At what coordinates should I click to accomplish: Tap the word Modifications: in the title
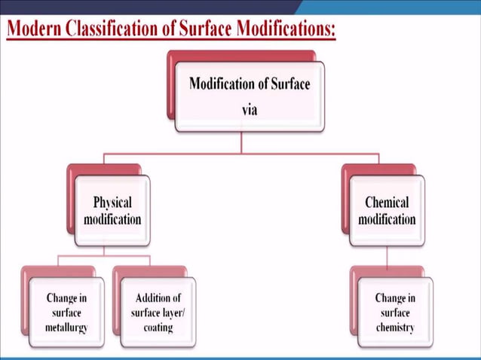pos(284,29)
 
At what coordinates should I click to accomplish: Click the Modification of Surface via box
pos(250,96)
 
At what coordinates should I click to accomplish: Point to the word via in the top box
pos(250,108)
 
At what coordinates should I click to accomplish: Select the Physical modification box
pos(112,211)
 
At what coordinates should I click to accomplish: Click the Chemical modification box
pos(387,211)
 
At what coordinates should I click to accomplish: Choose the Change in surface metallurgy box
pos(66,313)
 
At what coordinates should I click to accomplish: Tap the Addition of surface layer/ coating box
pos(158,313)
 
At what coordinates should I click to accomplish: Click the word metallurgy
pos(66,328)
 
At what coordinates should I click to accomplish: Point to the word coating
pos(158,328)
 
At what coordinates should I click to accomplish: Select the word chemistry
pos(395,328)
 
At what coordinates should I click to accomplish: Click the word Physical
pos(112,203)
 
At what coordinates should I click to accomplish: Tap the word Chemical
pos(387,203)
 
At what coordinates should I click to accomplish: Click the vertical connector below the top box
pos(241,143)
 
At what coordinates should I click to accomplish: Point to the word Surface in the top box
pos(290,84)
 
